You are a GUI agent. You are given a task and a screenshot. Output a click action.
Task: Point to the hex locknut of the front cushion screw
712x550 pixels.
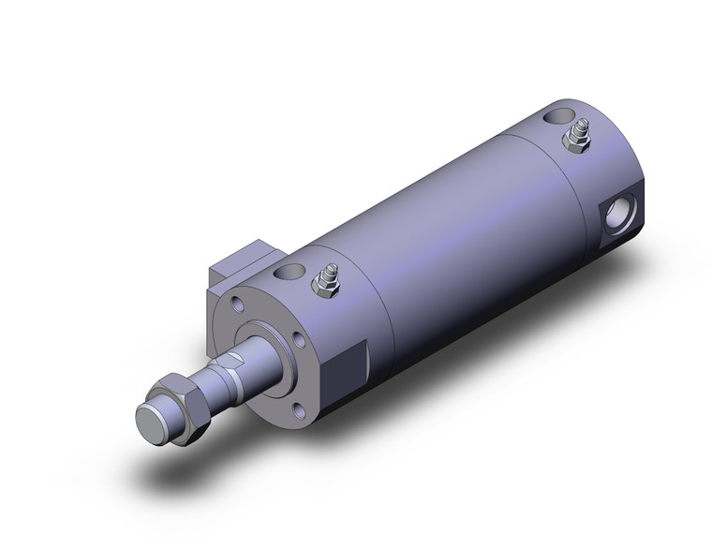[x=328, y=287]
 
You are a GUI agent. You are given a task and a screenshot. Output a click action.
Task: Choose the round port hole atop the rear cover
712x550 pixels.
[x=560, y=117]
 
